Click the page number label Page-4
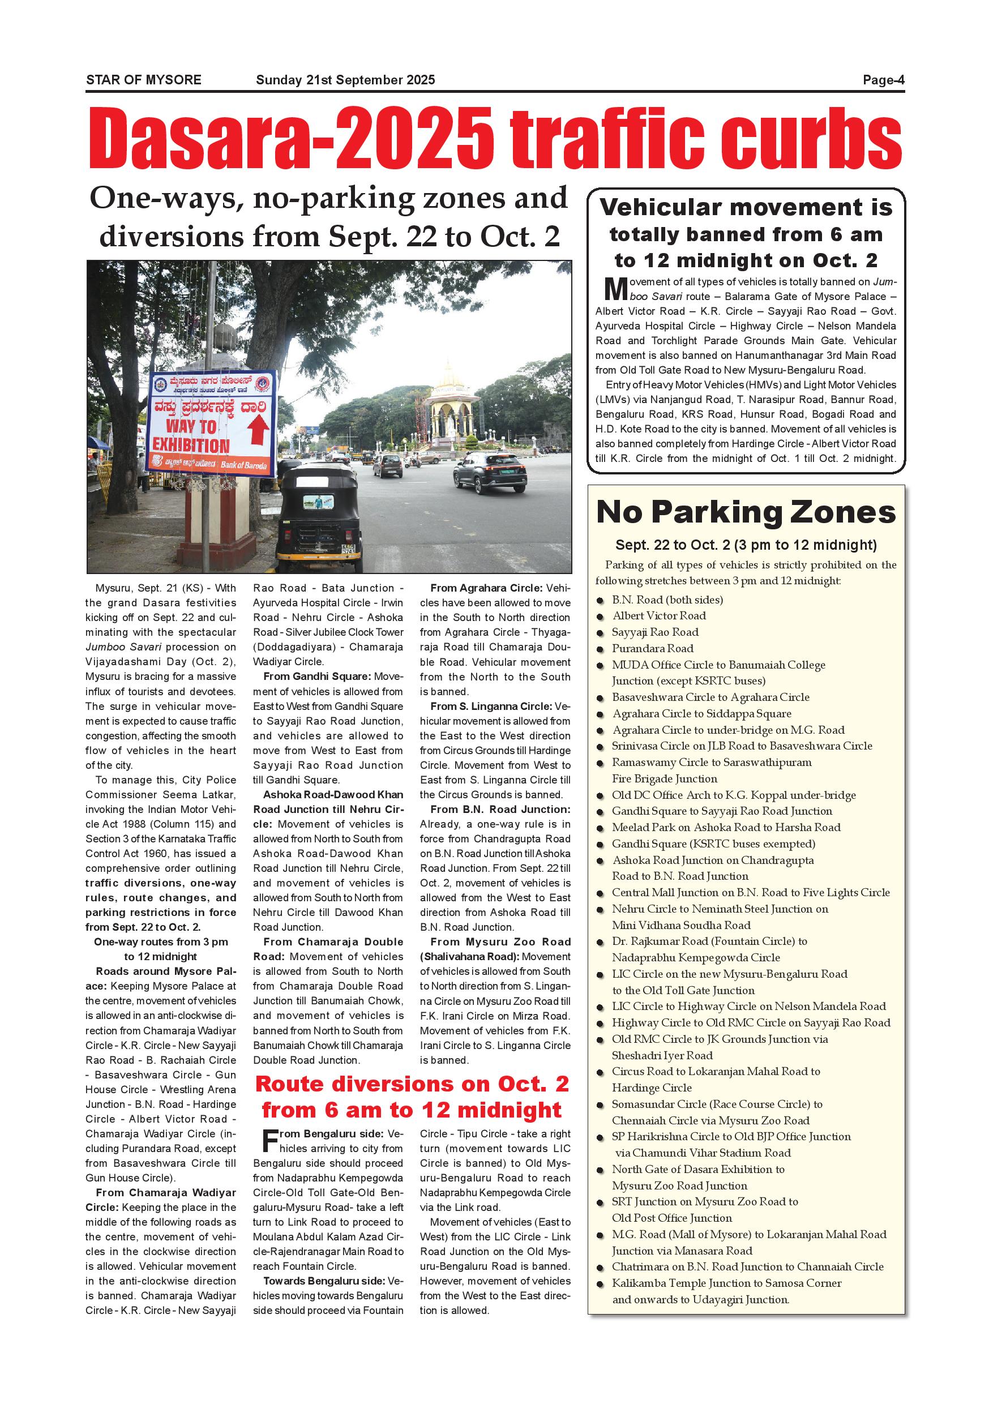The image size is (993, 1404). [x=883, y=80]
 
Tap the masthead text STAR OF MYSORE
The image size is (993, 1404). [x=144, y=80]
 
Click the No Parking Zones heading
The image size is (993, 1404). [x=746, y=512]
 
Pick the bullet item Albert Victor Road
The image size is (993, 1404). [x=659, y=616]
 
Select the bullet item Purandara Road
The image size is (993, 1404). [x=652, y=648]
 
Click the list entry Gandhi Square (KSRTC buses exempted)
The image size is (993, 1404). [x=713, y=844]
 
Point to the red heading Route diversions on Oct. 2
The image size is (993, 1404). [x=412, y=1084]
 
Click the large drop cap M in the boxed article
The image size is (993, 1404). [x=616, y=288]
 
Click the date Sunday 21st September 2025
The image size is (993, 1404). [x=345, y=80]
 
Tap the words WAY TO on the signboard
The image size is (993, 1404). [x=191, y=426]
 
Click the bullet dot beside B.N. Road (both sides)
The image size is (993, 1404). [x=601, y=601]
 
